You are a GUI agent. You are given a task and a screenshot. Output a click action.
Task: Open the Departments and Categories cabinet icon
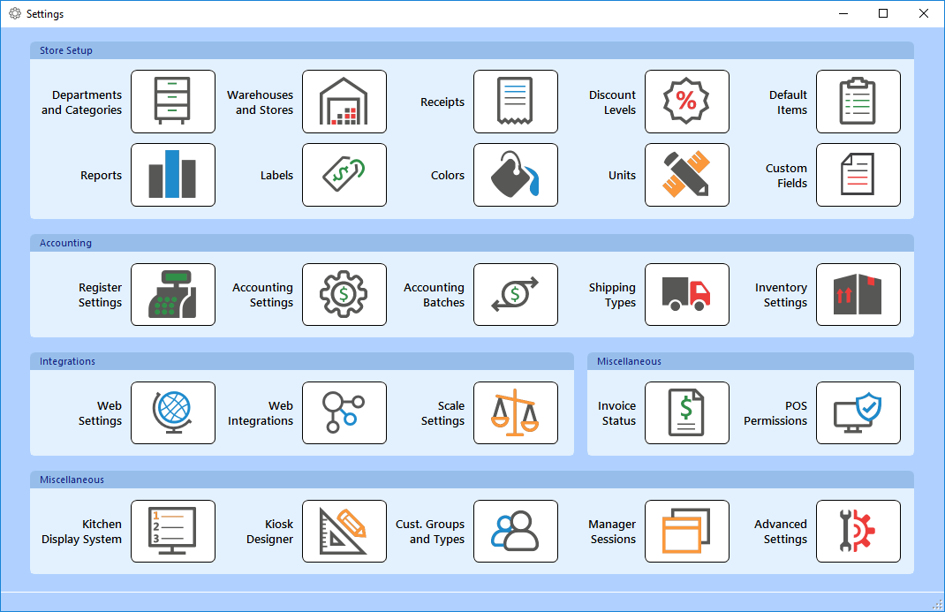173,102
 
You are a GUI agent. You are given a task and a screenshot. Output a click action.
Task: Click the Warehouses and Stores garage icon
344,102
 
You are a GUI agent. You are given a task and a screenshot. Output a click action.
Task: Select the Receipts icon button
516,102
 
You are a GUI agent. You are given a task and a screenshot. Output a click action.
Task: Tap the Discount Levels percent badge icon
687,102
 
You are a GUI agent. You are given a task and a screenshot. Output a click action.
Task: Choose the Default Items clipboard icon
858,102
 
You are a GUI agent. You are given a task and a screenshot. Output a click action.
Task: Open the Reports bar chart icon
173,175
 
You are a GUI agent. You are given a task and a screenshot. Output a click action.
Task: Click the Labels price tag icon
344,175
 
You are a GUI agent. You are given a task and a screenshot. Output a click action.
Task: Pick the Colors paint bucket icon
516,175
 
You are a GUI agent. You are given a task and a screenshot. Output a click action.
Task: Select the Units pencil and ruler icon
687,175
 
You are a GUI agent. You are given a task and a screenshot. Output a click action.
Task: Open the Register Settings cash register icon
173,294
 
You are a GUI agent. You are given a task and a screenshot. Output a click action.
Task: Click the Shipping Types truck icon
687,294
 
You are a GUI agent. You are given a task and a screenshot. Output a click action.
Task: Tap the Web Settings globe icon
173,412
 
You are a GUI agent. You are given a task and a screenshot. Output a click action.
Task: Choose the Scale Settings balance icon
516,412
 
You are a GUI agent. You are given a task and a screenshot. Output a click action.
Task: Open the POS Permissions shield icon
858,412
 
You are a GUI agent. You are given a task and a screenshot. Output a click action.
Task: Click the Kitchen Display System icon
173,531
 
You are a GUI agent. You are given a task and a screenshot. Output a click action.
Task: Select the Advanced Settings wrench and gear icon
858,531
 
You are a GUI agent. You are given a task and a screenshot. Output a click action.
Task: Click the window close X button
924,13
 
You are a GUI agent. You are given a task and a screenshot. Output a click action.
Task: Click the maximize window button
883,13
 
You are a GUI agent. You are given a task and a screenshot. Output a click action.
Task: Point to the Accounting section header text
65,243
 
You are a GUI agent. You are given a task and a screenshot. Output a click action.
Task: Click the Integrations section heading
67,361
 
